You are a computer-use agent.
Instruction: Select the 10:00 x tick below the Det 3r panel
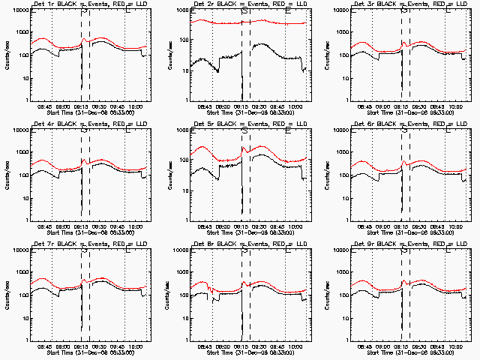coord(457,106)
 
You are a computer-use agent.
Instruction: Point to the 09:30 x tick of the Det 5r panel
coord(261,226)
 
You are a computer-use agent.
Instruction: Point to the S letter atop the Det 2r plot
coord(245,11)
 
